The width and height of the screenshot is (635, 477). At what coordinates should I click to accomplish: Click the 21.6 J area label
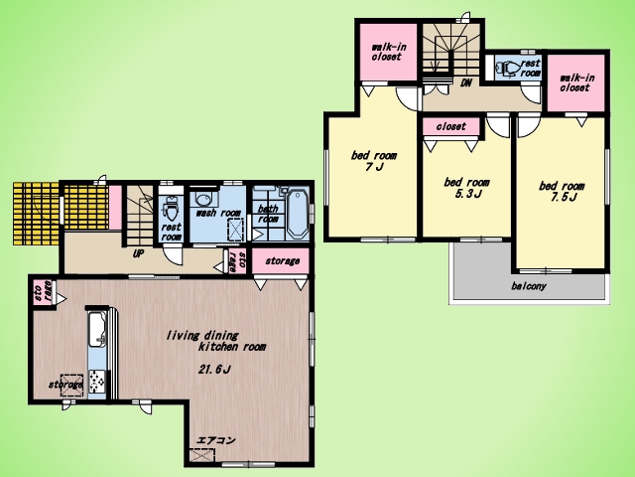214,370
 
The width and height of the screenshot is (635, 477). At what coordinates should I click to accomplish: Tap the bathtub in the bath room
298,214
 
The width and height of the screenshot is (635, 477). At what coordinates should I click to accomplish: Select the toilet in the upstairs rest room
508,68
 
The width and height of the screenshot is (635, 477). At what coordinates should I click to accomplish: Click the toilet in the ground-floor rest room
170,209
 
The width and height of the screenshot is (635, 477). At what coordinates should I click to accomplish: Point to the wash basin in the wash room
202,199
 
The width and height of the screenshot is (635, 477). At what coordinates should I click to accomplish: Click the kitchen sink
96,329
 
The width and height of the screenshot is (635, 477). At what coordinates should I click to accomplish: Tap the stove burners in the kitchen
97,382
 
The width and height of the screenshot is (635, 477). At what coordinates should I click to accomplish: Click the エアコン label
215,440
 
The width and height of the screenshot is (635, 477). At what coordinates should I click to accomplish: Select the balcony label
529,286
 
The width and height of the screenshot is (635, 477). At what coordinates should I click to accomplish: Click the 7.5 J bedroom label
562,192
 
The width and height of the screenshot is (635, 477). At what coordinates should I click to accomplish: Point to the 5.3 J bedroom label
466,188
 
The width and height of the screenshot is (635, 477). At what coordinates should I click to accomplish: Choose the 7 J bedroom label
374,161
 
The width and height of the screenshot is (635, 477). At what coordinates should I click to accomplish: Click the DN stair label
466,82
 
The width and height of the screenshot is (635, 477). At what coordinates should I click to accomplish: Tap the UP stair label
139,254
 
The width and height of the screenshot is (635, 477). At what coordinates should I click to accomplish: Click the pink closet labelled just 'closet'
451,126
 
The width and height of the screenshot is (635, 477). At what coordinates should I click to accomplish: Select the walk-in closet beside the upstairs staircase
388,52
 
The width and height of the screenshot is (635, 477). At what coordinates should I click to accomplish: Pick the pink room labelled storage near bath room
281,261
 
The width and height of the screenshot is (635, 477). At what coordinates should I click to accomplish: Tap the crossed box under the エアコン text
201,455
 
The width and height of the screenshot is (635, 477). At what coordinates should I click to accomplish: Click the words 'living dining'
202,336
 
